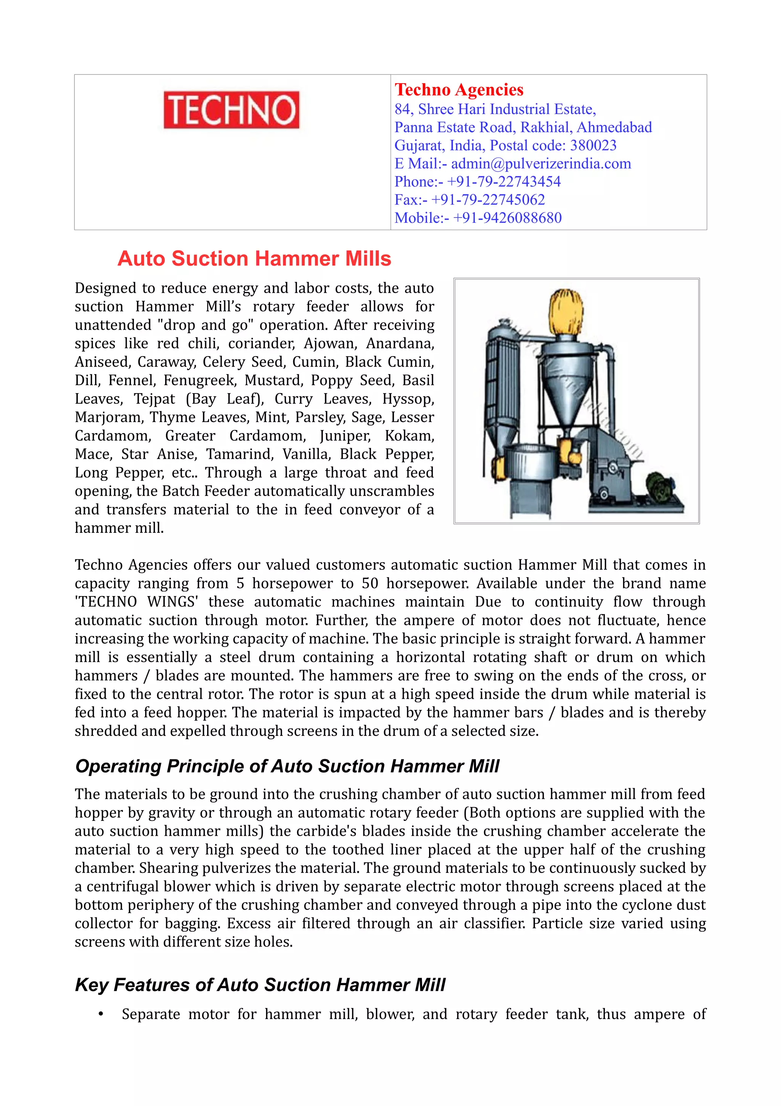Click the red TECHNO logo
pos(231,110)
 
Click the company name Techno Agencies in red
pos(459,90)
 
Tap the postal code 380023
pos(593,145)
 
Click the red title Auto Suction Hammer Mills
pos(254,259)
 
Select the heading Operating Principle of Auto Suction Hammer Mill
pos(287,766)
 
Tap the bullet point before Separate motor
pos(101,1014)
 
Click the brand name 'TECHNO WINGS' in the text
pos(137,602)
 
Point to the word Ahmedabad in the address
pos(614,127)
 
